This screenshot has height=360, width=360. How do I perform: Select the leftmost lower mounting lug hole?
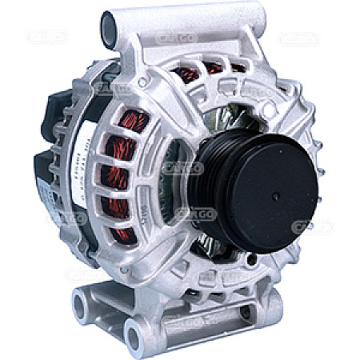coord(81,302)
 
